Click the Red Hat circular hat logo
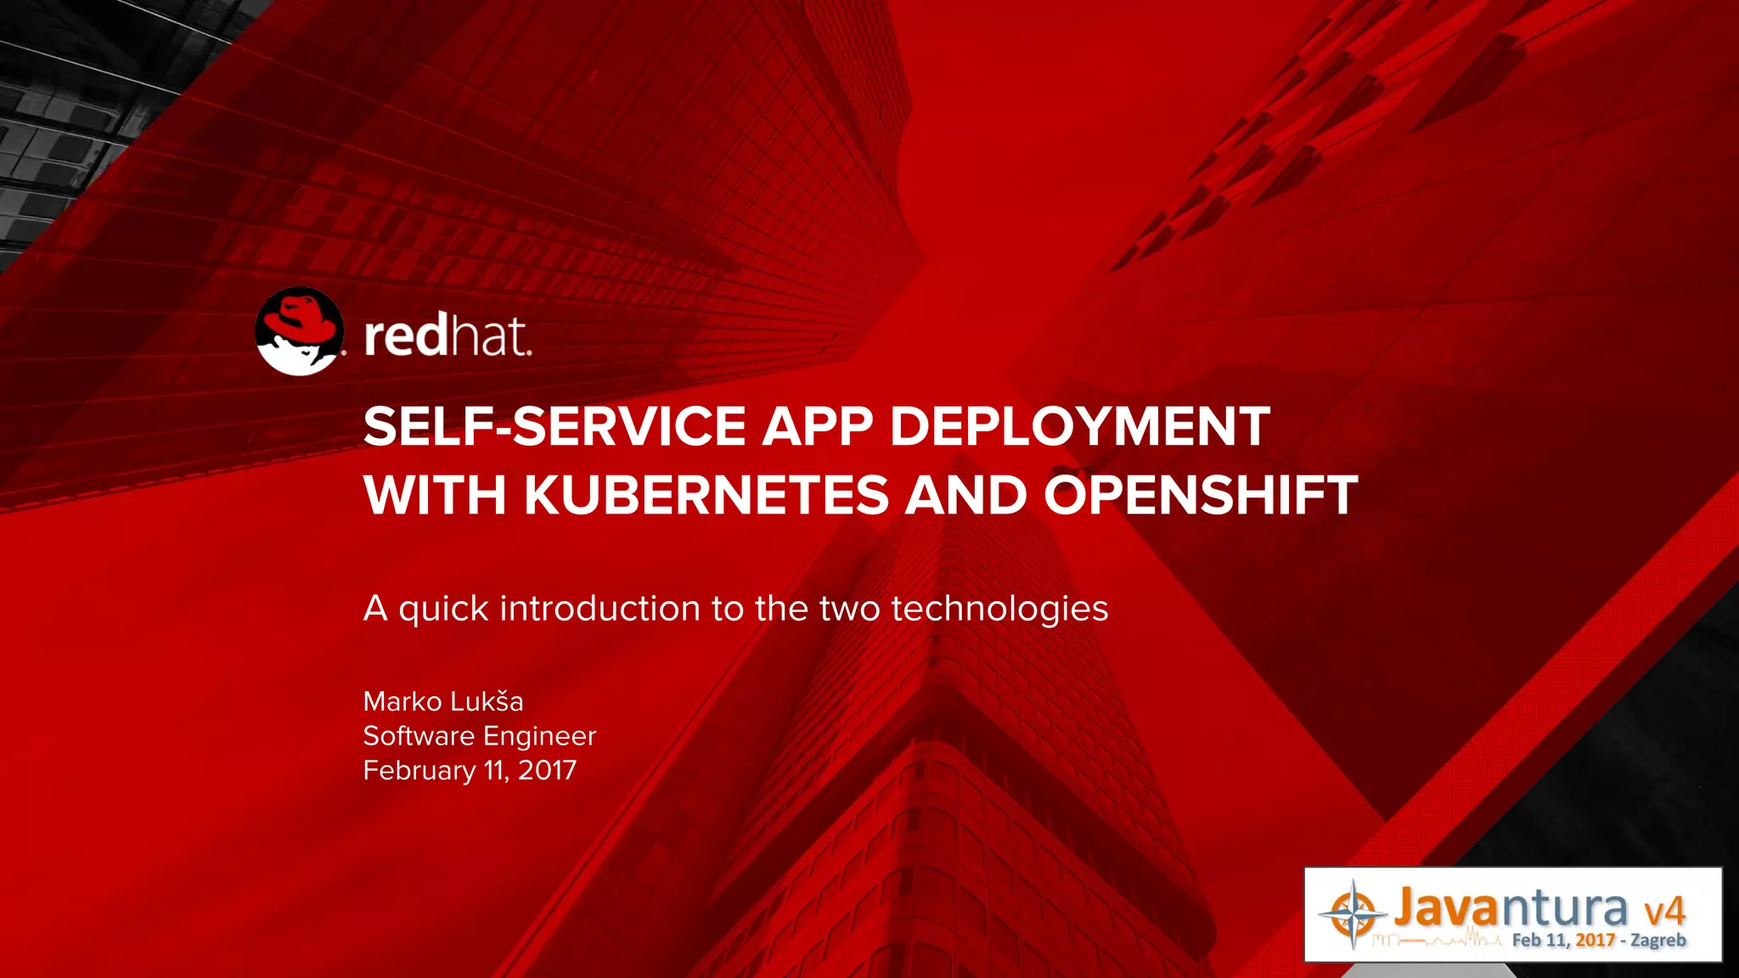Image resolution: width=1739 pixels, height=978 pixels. (x=300, y=331)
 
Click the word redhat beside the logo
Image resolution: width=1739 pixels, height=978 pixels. (x=447, y=336)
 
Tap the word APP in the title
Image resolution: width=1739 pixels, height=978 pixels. (x=817, y=426)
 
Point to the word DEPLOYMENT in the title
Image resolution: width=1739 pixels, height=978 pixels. (x=1079, y=426)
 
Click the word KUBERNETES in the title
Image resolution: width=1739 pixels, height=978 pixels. (x=706, y=496)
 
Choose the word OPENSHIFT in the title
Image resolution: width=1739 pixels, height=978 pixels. (x=1200, y=496)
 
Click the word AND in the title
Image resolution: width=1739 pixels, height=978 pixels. (x=965, y=496)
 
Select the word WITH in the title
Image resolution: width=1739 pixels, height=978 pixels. (x=436, y=496)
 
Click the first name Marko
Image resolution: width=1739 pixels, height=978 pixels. (x=402, y=702)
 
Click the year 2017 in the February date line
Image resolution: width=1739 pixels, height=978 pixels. (x=547, y=771)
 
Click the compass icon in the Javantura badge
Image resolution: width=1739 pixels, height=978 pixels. (x=1353, y=914)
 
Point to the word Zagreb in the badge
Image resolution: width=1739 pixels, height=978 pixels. (x=1657, y=940)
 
